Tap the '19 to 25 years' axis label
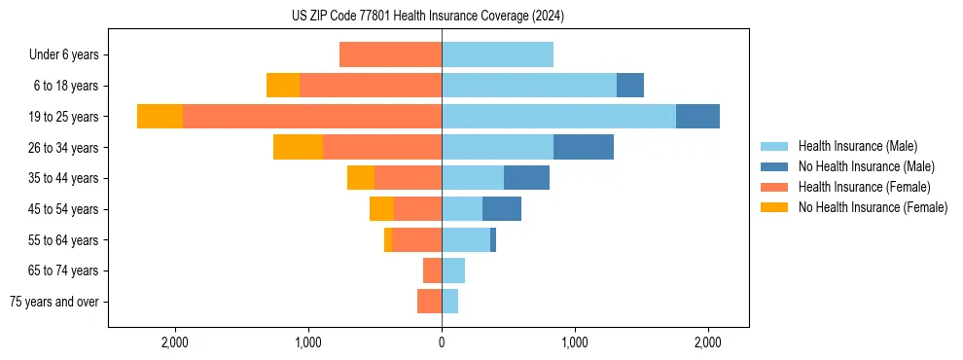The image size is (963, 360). click(63, 117)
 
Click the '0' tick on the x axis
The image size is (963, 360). click(442, 342)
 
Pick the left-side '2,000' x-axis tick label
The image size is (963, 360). click(175, 342)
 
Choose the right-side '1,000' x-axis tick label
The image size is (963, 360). click(575, 342)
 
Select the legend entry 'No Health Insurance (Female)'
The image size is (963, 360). click(873, 207)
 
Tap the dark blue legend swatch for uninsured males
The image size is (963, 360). click(774, 166)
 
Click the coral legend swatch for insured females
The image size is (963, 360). click(774, 187)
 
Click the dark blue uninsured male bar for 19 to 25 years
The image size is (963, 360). click(697, 117)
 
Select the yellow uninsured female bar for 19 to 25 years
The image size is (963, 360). click(160, 117)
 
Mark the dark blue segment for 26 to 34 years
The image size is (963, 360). click(584, 147)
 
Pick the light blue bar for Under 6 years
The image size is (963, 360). click(497, 54)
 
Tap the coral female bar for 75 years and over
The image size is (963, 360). click(429, 302)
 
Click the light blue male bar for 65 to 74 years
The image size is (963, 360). click(453, 270)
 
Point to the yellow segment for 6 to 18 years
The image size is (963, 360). click(283, 86)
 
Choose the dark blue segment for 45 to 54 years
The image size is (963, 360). click(502, 209)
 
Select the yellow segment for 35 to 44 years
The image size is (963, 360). click(361, 178)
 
